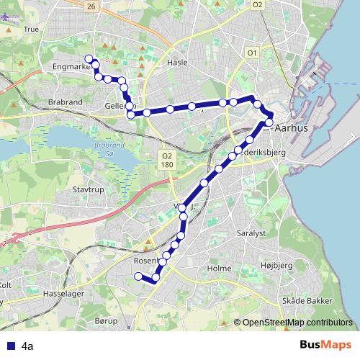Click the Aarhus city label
coord(292,127)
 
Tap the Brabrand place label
coord(65,103)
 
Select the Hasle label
coord(177,63)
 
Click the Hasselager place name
coord(64,294)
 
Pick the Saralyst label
coord(252,234)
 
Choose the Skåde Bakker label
coord(307,300)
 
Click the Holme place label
coord(219,269)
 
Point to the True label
coord(31,30)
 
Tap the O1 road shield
coord(252,53)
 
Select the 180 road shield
coord(168,165)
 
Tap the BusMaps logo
coord(320,346)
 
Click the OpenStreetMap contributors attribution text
coord(297,323)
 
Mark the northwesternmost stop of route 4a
coord(89,59)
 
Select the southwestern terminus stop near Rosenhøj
coord(138,275)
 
